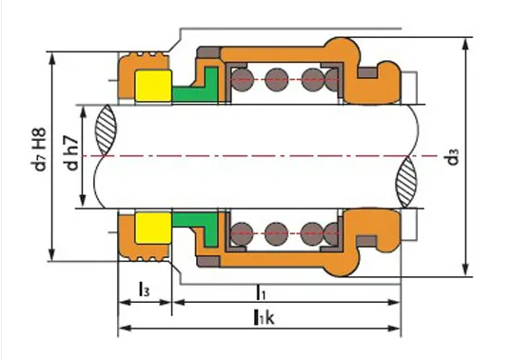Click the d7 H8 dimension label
38,149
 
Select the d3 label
453,156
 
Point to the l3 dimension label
144,290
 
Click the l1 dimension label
261,292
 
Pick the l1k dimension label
264,317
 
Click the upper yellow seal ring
153,86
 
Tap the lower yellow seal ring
153,228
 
